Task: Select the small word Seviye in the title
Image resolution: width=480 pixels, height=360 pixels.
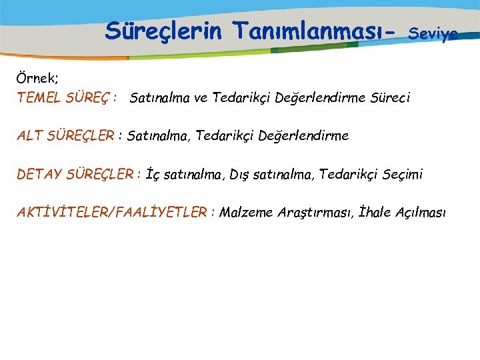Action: pyautogui.click(x=433, y=33)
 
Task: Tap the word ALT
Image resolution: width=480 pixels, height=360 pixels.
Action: pyautogui.click(x=29, y=136)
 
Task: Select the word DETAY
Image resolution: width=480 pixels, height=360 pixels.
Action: pyautogui.click(x=39, y=175)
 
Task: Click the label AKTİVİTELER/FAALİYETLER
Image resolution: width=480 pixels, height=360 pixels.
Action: pyautogui.click(x=113, y=213)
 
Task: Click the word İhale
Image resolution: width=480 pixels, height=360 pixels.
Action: pyautogui.click(x=375, y=213)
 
